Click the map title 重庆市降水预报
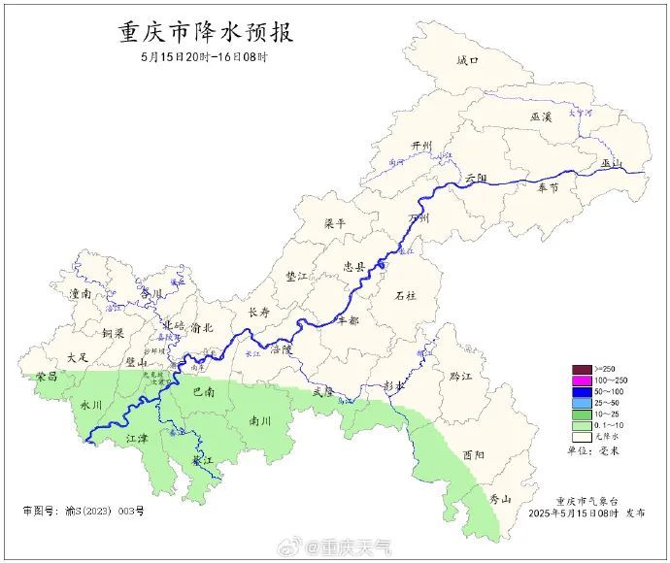point(206,32)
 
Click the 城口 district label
point(468,60)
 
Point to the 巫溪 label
point(541,116)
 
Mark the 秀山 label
point(500,498)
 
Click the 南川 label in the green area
point(260,422)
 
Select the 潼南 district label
point(80,292)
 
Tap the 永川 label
point(90,405)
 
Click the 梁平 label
point(334,223)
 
